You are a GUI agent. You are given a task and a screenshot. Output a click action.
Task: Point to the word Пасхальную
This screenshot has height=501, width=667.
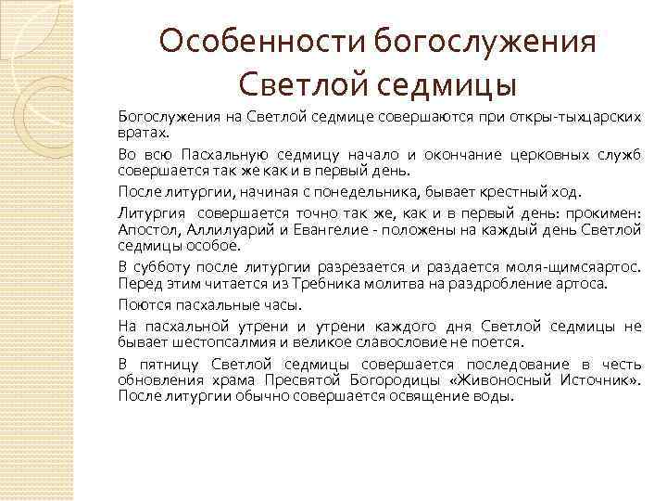226,153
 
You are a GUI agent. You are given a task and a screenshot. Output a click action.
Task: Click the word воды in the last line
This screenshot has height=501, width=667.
492,397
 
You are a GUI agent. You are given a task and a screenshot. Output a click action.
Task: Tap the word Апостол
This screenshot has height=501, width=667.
147,228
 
